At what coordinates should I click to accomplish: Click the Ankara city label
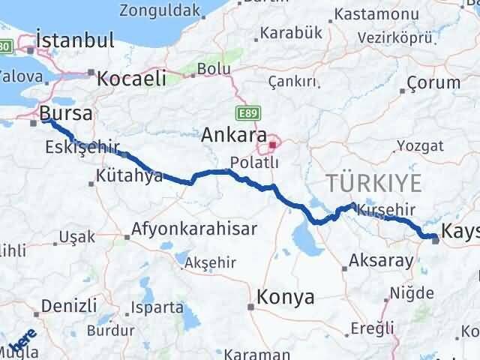(234, 135)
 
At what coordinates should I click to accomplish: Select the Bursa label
(67, 114)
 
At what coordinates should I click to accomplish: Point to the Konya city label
(285, 297)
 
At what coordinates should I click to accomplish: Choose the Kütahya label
(130, 177)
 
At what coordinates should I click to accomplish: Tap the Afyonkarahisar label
(194, 229)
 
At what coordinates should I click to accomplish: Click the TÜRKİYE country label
(373, 181)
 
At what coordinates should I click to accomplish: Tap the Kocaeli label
(131, 76)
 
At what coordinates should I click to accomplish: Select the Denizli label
(69, 305)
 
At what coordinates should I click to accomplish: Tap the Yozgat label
(415, 145)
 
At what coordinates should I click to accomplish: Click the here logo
(22, 343)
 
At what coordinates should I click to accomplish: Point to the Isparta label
(156, 307)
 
